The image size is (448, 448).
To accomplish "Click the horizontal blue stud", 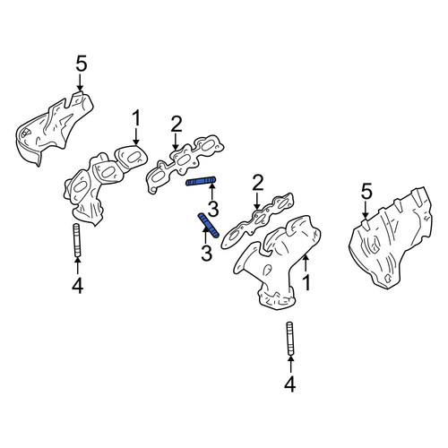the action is click(x=201, y=181).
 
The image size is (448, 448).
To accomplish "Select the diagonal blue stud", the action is click(x=209, y=226).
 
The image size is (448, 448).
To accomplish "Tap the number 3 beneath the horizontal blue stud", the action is click(x=213, y=209).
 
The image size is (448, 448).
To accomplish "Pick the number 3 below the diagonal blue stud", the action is click(x=206, y=254).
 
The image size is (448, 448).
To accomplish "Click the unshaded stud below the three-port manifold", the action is click(x=77, y=239).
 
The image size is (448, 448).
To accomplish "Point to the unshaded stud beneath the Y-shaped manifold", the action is click(x=290, y=339).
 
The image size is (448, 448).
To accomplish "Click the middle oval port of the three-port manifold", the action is click(x=107, y=171).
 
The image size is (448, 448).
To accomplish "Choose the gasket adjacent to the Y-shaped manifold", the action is click(x=257, y=220).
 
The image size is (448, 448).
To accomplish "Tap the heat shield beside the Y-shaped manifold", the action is click(x=391, y=238).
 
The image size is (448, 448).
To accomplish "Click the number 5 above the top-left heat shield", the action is click(x=82, y=64).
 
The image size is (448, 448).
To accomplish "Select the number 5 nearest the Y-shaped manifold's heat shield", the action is click(x=366, y=192).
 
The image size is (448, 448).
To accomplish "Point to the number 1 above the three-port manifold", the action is click(x=136, y=118).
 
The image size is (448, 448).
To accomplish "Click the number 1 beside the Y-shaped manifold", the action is click(x=306, y=282).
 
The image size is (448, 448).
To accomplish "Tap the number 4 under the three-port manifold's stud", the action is click(x=77, y=286).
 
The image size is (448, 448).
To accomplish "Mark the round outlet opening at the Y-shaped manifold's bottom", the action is click(x=277, y=299).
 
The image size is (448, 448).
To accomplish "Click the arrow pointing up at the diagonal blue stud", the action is click(x=206, y=236).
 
